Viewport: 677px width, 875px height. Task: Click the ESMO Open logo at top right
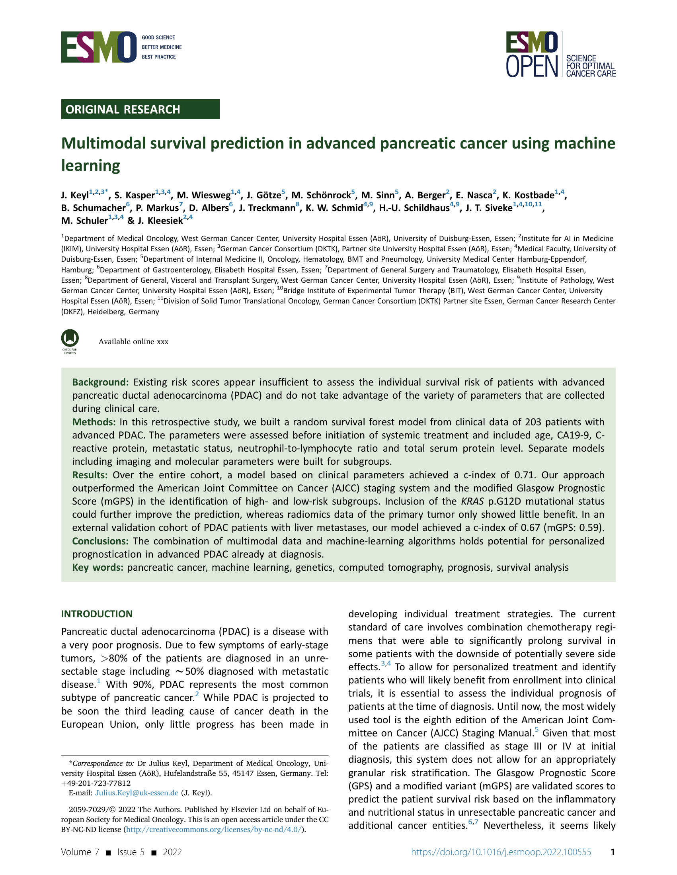[x=560, y=54]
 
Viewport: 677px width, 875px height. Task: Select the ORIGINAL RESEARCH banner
[x=140, y=110]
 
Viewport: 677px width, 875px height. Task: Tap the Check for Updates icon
[x=70, y=341]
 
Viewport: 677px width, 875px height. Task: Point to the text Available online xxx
[x=133, y=342]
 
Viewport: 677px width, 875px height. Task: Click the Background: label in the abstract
[x=100, y=382]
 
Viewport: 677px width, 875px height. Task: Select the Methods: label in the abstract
[x=94, y=422]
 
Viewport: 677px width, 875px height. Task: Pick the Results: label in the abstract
[x=90, y=475]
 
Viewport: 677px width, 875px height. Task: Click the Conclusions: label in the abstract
[x=100, y=541]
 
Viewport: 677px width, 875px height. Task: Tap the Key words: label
[x=98, y=568]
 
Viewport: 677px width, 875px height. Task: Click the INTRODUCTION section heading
[x=96, y=614]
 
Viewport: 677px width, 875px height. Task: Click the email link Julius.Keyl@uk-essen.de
[x=137, y=793]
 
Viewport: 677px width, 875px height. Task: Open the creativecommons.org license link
[x=214, y=830]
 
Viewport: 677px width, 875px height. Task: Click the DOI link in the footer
[x=501, y=852]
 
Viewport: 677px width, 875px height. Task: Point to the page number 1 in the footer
[x=613, y=852]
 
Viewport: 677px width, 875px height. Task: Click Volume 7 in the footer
[x=80, y=852]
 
